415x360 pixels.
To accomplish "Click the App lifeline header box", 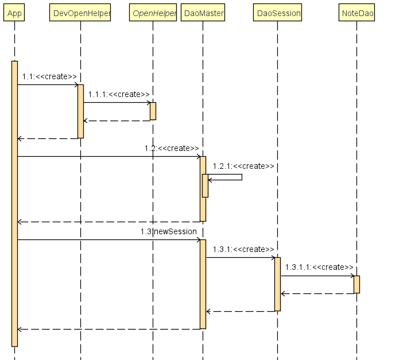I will pyautogui.click(x=14, y=13).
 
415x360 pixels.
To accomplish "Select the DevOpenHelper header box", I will pyautogui.click(x=81, y=13).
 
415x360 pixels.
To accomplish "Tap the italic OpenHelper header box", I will pyautogui.click(x=153, y=13).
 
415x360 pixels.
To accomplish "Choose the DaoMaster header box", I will pyautogui.click(x=203, y=13).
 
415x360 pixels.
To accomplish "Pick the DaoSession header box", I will pyautogui.click(x=277, y=13).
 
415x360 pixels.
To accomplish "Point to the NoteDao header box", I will pyautogui.click(x=356, y=13).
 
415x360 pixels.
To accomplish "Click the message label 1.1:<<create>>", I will pyautogui.click(x=49, y=76).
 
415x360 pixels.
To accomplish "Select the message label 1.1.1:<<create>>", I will pyautogui.click(x=119, y=94).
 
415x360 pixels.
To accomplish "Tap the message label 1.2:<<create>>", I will pyautogui.click(x=172, y=148).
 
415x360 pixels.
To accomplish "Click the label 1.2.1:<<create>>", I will pyautogui.click(x=243, y=166).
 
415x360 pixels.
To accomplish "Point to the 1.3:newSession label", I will pyautogui.click(x=169, y=231).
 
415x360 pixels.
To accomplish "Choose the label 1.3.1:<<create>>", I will pyautogui.click(x=243, y=249).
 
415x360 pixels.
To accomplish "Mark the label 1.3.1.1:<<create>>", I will pyautogui.click(x=319, y=267).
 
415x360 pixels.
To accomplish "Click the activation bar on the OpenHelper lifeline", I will pyautogui.click(x=153, y=111).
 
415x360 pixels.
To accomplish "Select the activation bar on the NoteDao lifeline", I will pyautogui.click(x=356, y=284).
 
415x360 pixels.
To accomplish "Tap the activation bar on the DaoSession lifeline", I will pyautogui.click(x=277, y=284).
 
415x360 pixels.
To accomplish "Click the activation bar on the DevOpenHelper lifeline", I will pyautogui.click(x=81, y=111).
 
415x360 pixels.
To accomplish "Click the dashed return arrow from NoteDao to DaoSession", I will pyautogui.click(x=317, y=293).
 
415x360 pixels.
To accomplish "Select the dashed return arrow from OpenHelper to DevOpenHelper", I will pyautogui.click(x=117, y=121).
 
